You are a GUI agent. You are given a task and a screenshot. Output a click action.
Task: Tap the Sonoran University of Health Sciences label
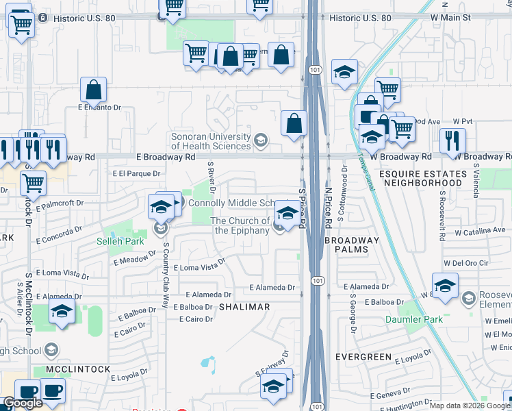[x=211, y=141]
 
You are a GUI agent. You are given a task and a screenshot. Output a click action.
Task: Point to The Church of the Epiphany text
[x=240, y=225]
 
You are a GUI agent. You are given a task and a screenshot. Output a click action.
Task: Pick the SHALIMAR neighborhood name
[x=244, y=308]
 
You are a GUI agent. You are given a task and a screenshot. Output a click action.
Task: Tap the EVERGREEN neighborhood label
[x=363, y=357]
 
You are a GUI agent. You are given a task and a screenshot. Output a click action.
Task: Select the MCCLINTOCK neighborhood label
[x=78, y=369]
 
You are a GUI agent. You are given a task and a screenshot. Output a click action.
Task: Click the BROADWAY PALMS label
[x=352, y=245]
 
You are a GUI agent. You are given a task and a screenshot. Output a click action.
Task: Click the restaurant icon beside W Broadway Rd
[x=452, y=140]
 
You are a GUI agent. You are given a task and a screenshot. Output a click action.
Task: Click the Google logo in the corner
[x=23, y=403]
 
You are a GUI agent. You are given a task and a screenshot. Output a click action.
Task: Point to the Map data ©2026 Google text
[x=469, y=406]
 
